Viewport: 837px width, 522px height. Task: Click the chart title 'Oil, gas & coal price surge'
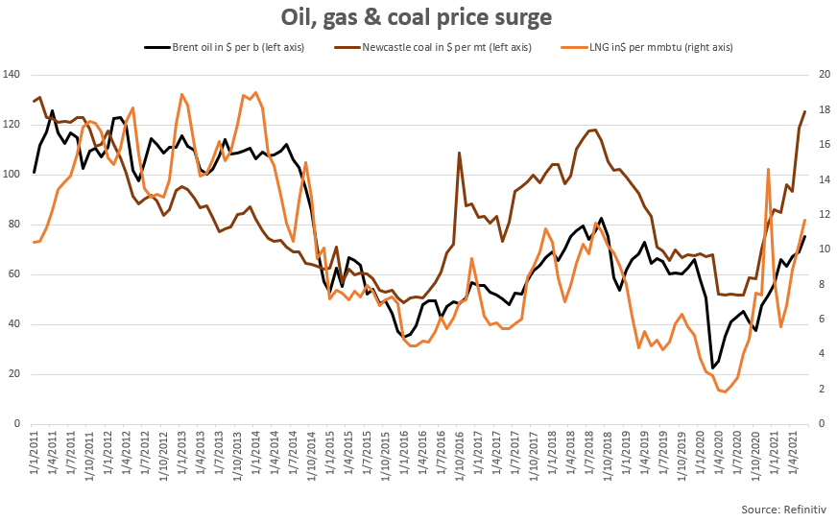click(417, 17)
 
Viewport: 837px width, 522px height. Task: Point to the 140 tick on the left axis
click(13, 75)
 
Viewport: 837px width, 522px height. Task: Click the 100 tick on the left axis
click(13, 175)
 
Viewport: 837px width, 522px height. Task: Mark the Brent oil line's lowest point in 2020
click(712, 368)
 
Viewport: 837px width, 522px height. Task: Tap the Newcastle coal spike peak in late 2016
click(460, 153)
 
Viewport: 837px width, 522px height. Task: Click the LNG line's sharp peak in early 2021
click(769, 169)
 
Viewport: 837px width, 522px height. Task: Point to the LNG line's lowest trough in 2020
click(725, 391)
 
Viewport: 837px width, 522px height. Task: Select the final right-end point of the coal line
click(804, 111)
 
